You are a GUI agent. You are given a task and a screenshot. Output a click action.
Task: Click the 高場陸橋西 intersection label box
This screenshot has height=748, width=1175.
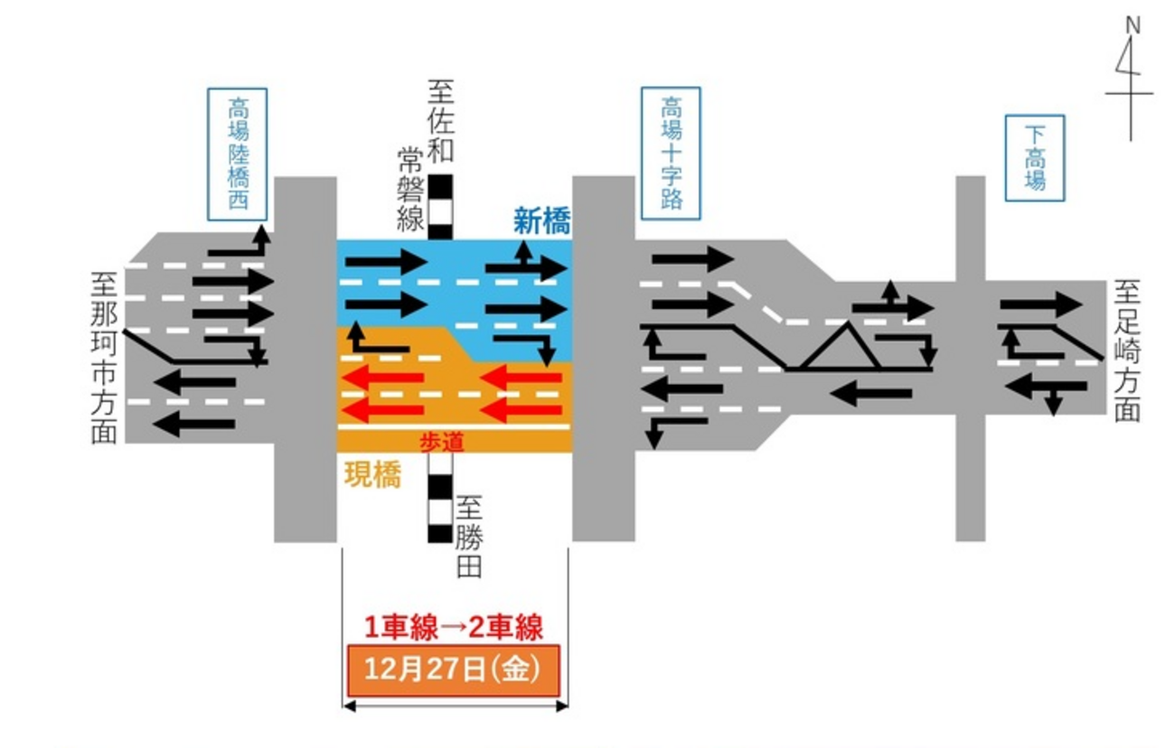click(238, 154)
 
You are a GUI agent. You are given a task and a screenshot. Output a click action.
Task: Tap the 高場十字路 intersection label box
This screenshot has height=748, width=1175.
click(671, 154)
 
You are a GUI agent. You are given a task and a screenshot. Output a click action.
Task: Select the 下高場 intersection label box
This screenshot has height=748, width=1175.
click(1034, 158)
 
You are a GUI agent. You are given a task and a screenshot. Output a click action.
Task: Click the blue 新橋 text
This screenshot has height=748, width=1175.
click(541, 221)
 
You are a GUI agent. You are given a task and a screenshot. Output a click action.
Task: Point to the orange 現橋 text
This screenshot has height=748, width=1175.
click(372, 476)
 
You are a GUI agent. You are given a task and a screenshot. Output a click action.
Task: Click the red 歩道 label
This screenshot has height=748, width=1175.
click(440, 442)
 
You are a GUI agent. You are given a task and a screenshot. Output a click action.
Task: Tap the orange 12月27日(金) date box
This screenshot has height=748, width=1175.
click(453, 670)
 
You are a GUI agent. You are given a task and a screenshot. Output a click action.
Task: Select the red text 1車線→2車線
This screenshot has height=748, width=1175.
click(453, 626)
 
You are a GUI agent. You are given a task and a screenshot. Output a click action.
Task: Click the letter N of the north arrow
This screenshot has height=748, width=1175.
click(1132, 25)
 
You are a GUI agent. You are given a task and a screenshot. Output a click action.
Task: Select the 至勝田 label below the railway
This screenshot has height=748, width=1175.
click(470, 537)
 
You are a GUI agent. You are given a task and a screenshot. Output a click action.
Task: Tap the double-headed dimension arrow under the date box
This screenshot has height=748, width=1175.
click(455, 706)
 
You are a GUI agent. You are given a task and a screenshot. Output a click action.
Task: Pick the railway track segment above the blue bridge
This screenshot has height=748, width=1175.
click(440, 207)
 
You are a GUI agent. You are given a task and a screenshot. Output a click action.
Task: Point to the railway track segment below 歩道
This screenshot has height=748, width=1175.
click(440, 497)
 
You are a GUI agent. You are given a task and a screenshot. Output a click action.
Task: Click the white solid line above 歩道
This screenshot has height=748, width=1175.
click(453, 425)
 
